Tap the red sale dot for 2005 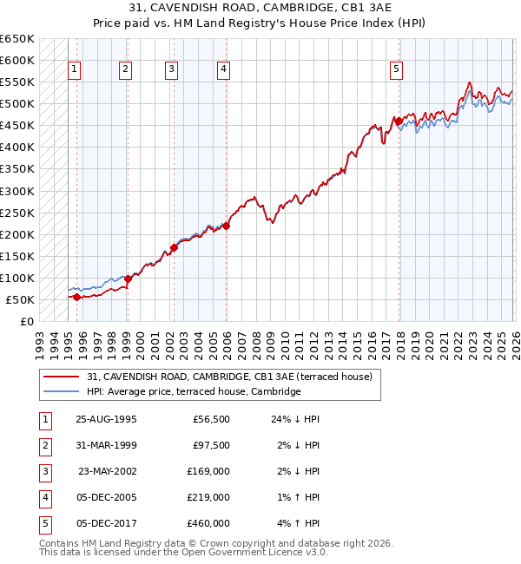[x=226, y=226]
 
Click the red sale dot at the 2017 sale [x=399, y=121]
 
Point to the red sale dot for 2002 [x=174, y=248]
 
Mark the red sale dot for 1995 [x=76, y=297]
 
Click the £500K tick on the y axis [x=16, y=104]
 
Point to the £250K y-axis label [x=16, y=213]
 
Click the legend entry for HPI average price [x=193, y=391]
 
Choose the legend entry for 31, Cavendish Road [x=229, y=377]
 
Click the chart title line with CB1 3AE [x=261, y=10]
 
